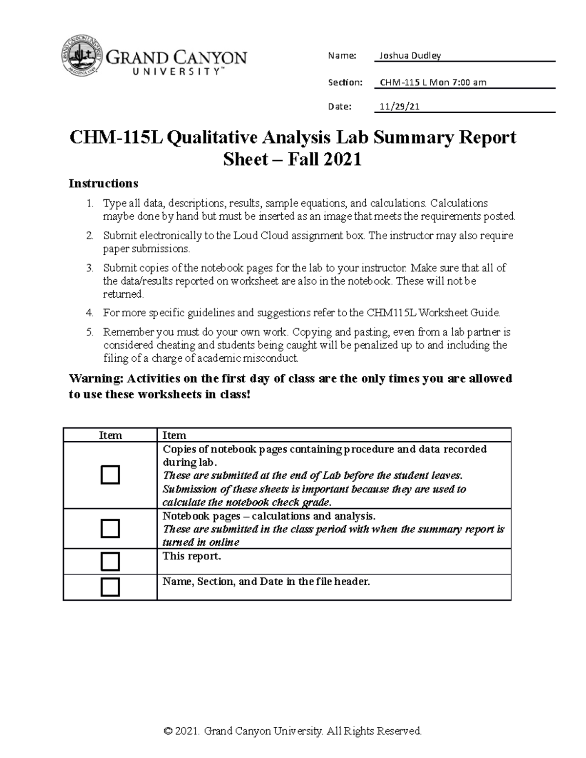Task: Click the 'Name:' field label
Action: click(x=342, y=56)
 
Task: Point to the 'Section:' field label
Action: click(x=345, y=82)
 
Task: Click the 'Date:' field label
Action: click(x=339, y=107)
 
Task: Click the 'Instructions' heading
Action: click(x=104, y=184)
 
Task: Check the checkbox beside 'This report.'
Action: click(x=110, y=561)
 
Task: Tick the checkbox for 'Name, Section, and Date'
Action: click(x=110, y=587)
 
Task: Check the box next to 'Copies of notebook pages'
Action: click(x=110, y=475)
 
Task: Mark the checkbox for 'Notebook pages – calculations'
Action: click(x=110, y=529)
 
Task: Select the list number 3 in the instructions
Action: click(x=89, y=268)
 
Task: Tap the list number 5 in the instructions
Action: click(x=89, y=332)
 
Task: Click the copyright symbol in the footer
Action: click(x=168, y=731)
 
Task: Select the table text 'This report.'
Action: click(x=191, y=556)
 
